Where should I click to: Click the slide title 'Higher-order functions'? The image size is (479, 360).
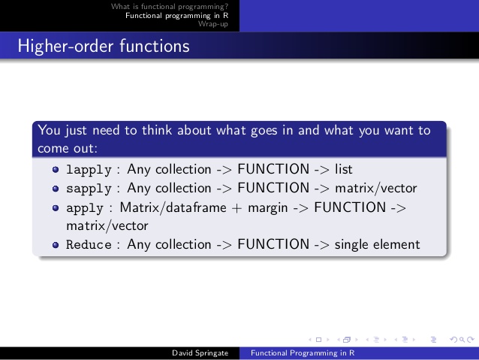[x=103, y=46]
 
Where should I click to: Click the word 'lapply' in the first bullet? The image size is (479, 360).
[x=89, y=169]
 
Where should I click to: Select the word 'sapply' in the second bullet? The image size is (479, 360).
[x=89, y=188]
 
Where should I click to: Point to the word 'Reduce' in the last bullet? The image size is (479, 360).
[x=89, y=244]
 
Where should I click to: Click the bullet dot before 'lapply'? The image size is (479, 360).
[x=56, y=170]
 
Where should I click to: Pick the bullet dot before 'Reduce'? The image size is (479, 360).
[x=56, y=245]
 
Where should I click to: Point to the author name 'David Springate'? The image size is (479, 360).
[x=197, y=352]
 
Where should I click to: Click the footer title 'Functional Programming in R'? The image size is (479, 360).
[x=303, y=352]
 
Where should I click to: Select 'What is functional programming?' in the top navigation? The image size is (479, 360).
[x=170, y=7]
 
